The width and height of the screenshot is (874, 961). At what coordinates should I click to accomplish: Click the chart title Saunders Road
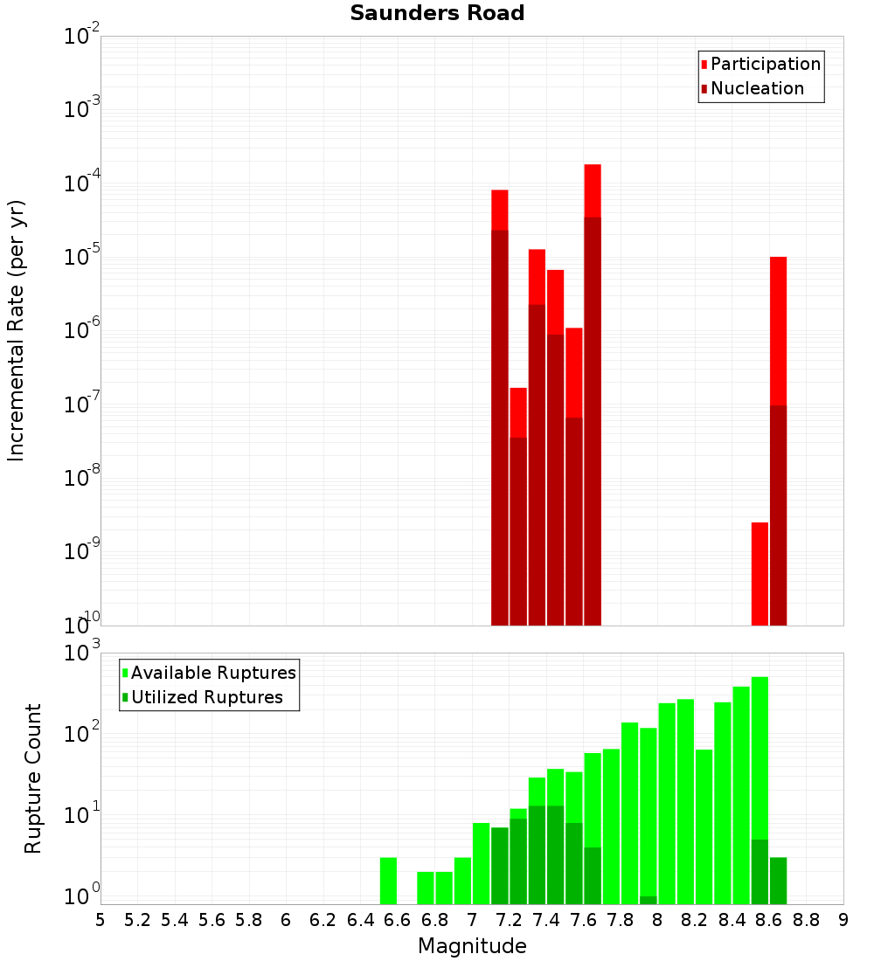point(437,14)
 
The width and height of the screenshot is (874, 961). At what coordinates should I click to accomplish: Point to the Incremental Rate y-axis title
point(17,331)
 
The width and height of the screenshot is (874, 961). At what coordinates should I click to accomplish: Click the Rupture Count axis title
point(33,778)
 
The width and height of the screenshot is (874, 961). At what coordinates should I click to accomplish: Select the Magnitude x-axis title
point(472,946)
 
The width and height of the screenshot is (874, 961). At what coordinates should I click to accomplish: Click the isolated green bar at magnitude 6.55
point(388,881)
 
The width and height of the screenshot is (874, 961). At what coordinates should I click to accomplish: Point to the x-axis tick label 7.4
point(546,920)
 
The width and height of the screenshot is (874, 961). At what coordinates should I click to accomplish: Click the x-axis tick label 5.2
point(138,920)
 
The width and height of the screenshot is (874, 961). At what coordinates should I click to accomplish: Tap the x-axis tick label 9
point(843,920)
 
